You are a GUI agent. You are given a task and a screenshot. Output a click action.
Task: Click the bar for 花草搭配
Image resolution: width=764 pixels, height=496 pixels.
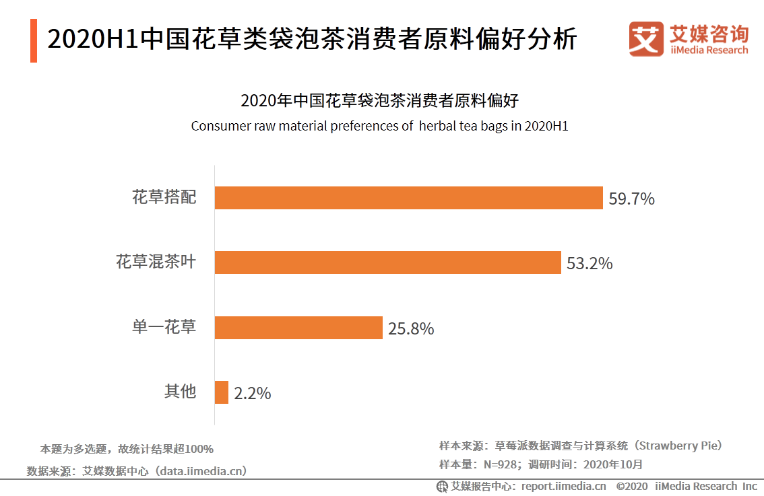(408, 198)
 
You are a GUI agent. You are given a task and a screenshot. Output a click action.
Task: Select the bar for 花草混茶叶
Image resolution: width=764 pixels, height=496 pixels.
(387, 262)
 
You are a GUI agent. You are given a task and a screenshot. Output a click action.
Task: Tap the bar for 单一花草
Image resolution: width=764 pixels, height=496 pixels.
(298, 328)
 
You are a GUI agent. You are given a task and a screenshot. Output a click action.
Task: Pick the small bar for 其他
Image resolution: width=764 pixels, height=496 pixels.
(222, 392)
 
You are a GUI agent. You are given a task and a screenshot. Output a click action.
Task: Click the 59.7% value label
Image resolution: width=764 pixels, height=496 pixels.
(632, 199)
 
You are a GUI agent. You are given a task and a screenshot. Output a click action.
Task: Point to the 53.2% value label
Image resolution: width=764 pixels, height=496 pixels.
(590, 264)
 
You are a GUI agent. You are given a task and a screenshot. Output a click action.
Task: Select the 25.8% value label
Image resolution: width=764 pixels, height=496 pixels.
(411, 329)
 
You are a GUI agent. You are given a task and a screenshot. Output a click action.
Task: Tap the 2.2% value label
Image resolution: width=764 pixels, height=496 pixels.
(253, 394)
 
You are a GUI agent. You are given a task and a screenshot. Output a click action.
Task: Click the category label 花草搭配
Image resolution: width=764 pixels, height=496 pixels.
(164, 197)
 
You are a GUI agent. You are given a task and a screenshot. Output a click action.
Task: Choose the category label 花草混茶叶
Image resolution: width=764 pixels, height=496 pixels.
(156, 262)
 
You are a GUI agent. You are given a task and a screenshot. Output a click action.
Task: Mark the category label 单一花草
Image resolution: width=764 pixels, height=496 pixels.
(164, 327)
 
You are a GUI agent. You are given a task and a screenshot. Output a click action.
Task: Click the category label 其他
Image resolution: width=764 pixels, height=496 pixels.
(180, 391)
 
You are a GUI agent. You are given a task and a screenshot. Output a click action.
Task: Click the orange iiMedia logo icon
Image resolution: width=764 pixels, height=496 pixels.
(646, 39)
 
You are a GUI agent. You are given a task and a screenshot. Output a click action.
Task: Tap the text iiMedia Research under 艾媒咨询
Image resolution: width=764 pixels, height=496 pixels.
(709, 50)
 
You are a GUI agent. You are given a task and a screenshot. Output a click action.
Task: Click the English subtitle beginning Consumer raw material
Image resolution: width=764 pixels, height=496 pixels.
(380, 126)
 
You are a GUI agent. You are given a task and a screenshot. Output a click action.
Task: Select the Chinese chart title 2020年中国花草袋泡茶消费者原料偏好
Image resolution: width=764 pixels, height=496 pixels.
(380, 102)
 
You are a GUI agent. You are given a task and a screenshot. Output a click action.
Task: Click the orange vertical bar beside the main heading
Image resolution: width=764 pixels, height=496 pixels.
(34, 40)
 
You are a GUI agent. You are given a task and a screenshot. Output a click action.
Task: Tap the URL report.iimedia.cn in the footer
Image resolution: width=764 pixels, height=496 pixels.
(563, 486)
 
